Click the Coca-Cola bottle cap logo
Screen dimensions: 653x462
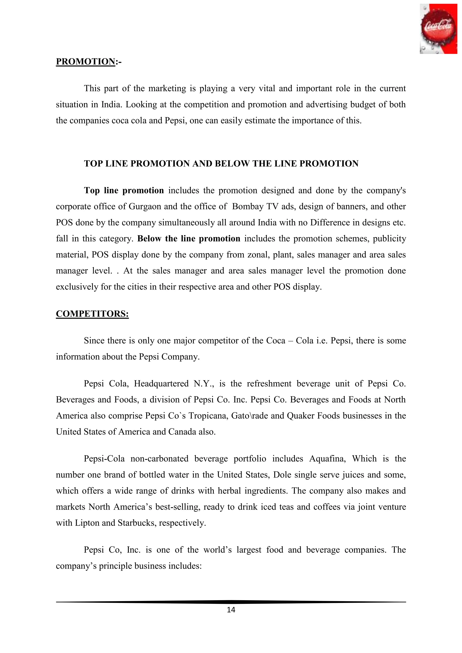point(438,29)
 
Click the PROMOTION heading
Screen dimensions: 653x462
point(85,62)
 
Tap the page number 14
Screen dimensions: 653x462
point(231,610)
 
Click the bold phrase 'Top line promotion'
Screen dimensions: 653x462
point(124,191)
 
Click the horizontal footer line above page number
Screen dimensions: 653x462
point(231,602)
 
